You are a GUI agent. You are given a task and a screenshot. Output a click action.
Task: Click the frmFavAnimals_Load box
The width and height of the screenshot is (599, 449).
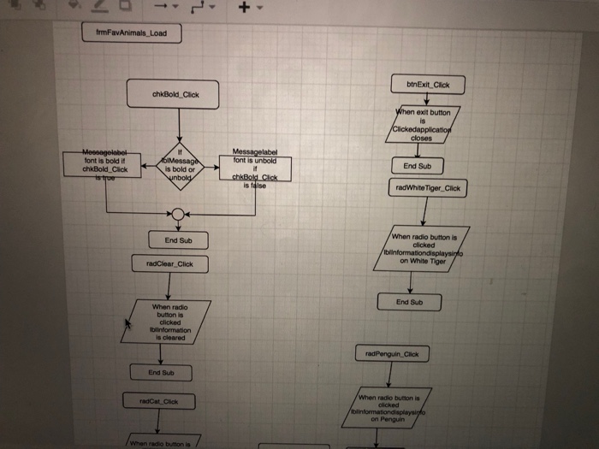(131, 33)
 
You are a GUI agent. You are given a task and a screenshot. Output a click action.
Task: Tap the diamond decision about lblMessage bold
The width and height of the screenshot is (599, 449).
(180, 162)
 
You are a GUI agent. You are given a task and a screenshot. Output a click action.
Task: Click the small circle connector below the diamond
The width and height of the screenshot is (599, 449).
(178, 214)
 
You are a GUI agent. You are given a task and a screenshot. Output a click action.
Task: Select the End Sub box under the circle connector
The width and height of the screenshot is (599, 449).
(178, 240)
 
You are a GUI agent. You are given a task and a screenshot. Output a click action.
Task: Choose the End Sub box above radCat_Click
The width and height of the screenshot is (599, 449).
(161, 373)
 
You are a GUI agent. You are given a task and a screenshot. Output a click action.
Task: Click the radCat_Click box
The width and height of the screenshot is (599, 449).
(163, 400)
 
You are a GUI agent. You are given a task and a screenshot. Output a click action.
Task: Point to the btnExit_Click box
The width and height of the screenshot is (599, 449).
(428, 85)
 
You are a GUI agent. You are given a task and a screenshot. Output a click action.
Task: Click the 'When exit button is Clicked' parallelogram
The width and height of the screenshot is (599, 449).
(422, 125)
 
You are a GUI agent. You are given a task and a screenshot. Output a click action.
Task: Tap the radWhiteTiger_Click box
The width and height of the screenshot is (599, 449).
(430, 188)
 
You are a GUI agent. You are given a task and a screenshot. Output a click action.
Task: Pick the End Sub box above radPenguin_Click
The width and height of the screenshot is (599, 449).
(409, 302)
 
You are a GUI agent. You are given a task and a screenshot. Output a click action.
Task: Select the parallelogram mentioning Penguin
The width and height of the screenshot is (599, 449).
(393, 408)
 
